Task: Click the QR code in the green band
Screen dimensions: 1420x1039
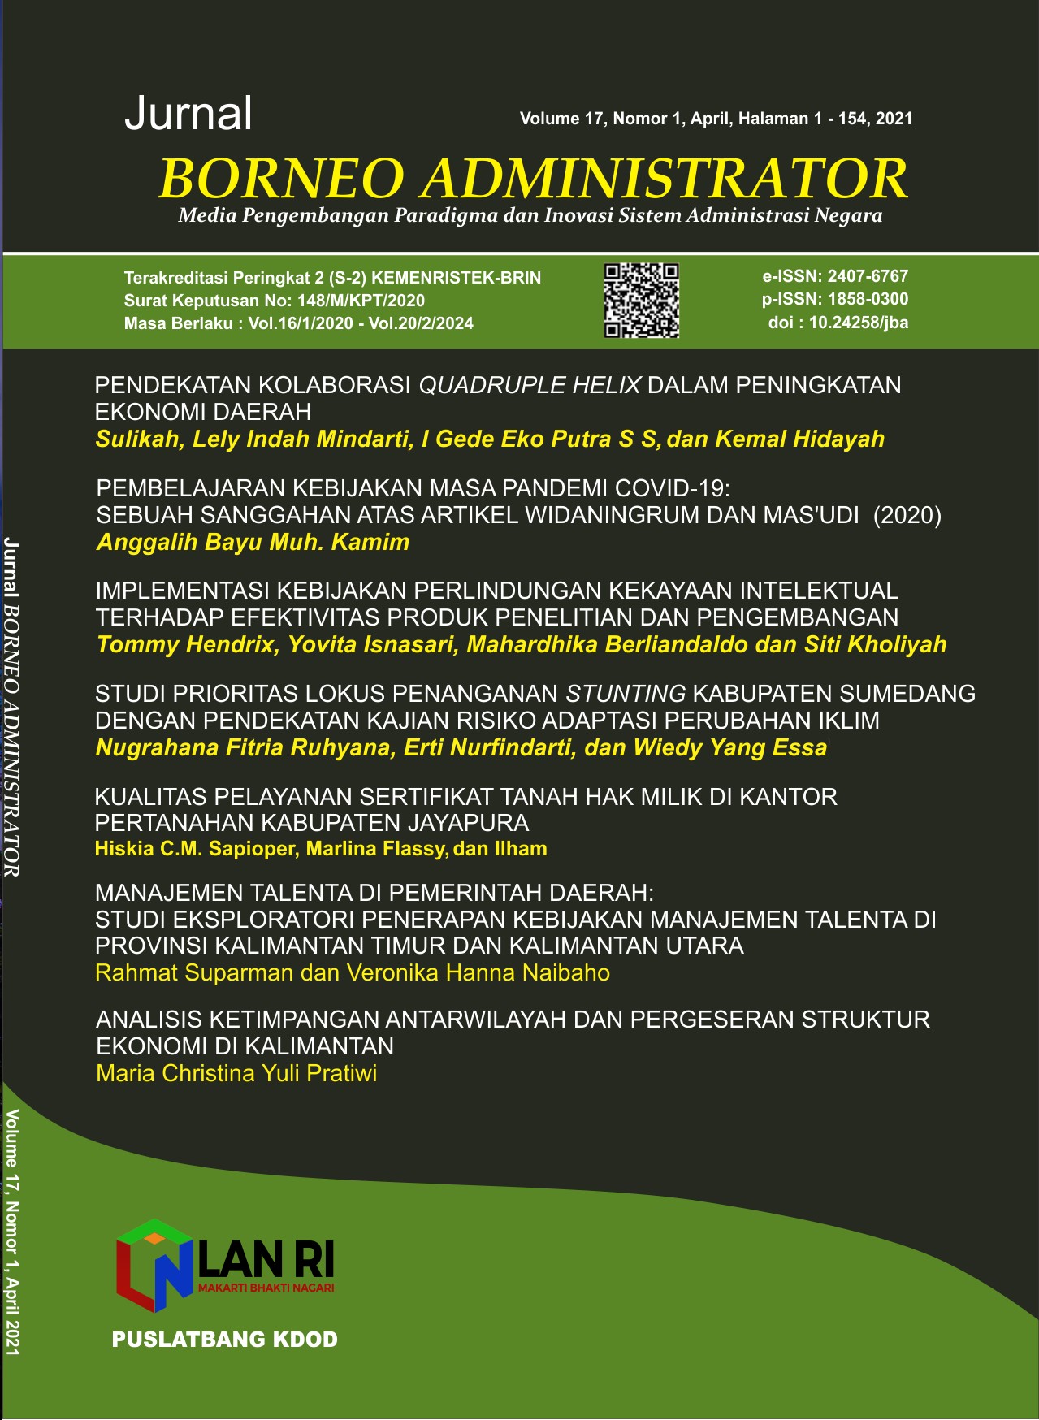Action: pos(642,300)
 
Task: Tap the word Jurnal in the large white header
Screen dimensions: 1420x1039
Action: pos(188,114)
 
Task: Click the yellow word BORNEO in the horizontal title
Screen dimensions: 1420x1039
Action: pos(281,179)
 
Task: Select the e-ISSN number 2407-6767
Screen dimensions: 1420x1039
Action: pos(868,276)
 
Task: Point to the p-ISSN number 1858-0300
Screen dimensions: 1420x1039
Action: pos(868,299)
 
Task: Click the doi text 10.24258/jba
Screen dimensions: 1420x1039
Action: pos(858,323)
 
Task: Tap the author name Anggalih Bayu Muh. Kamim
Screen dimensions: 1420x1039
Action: pos(253,542)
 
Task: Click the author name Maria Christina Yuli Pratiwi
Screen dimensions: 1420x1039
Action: pos(236,1073)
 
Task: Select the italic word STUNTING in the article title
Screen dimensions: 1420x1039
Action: pos(626,694)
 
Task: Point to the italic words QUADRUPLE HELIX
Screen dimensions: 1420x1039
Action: pos(530,385)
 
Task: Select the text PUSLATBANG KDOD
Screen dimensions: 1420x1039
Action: pos(225,1340)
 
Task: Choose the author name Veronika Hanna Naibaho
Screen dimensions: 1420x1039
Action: pos(478,972)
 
